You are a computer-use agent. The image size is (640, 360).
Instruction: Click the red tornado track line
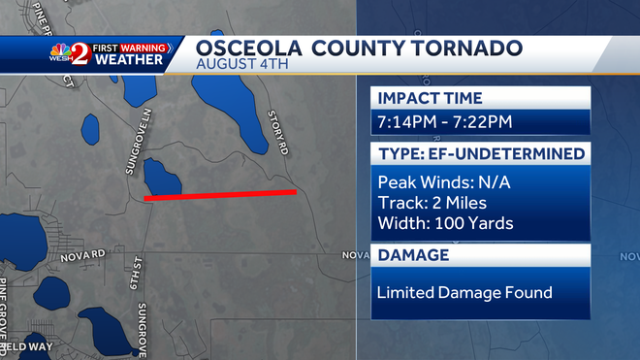tap(220, 195)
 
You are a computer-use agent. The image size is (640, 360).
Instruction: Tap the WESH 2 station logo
tap(70, 53)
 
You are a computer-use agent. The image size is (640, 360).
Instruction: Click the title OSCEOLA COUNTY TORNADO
tap(359, 49)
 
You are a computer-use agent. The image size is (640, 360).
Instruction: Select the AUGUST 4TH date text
tap(237, 64)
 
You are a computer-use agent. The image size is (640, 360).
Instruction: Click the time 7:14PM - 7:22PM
tap(445, 122)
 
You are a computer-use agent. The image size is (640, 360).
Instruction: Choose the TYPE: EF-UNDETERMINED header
tap(480, 153)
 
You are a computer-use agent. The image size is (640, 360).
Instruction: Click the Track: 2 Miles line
tap(432, 203)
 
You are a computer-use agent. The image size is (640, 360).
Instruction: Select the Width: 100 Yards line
tap(445, 224)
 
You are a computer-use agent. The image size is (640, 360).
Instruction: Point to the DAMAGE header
tap(412, 255)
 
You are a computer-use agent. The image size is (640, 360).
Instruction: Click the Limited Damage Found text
tap(464, 292)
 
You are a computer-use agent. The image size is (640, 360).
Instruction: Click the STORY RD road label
tap(279, 132)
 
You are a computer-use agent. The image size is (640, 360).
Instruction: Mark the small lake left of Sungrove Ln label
tap(90, 127)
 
